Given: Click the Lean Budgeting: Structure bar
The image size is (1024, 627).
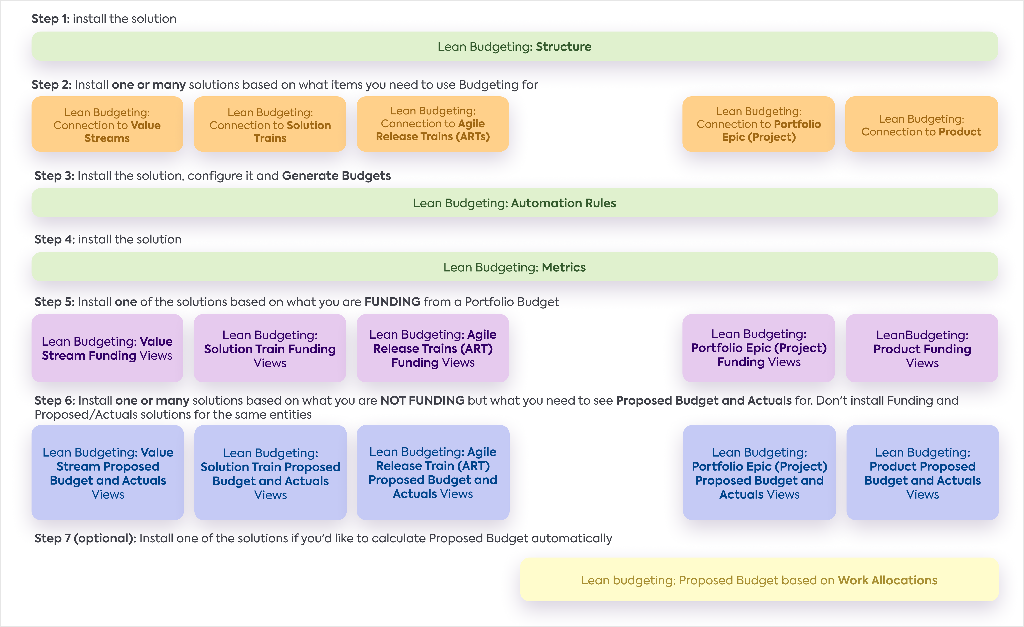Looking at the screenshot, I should [515, 47].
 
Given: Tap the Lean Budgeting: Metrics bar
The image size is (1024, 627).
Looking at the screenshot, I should [515, 267].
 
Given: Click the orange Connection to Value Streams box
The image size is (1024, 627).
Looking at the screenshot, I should [107, 125].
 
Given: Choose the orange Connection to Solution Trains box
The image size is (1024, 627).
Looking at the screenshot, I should [270, 125].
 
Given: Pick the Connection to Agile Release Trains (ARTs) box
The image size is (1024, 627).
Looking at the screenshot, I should [433, 124].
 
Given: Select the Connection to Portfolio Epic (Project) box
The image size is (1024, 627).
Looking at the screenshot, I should [758, 124].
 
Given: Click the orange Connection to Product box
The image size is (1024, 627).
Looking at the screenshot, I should [921, 125].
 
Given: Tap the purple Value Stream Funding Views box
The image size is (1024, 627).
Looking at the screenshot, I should [107, 348].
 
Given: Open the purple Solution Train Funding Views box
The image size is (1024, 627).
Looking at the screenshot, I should [270, 348].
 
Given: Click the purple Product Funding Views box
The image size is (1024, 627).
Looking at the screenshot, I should [922, 348].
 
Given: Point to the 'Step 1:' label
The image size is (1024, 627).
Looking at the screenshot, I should [51, 19].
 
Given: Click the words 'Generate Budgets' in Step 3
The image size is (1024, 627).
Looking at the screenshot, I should [336, 176].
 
